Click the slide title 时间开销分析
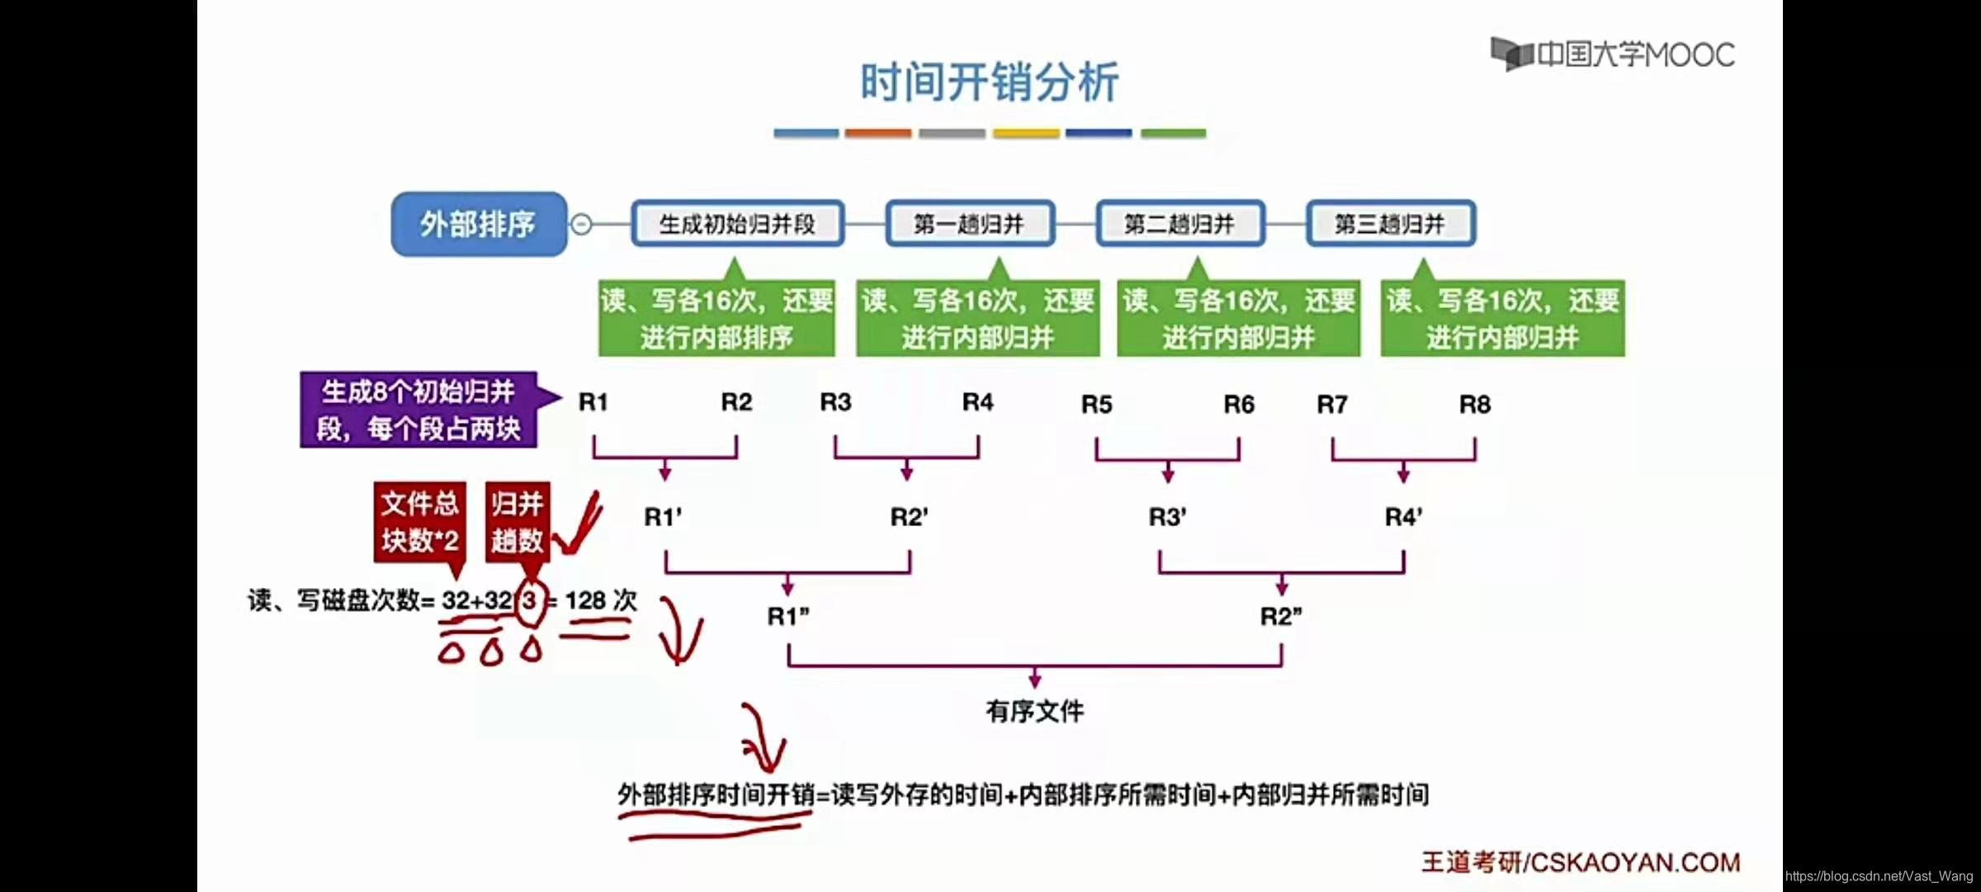coord(989,82)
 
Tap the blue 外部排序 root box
coord(479,224)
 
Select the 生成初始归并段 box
coord(737,224)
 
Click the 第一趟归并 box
coord(969,224)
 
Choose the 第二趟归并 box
coord(1180,224)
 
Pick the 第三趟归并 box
coord(1390,224)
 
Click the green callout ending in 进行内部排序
coord(716,319)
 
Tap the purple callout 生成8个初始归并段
coord(418,410)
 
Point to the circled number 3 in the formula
coord(529,600)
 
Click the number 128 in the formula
coord(585,600)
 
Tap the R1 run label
coord(593,402)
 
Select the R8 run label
coord(1474,405)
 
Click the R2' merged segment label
coord(909,517)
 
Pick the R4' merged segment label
coord(1403,517)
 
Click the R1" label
coord(788,617)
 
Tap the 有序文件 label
coord(1034,711)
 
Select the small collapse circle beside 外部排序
coord(581,224)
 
